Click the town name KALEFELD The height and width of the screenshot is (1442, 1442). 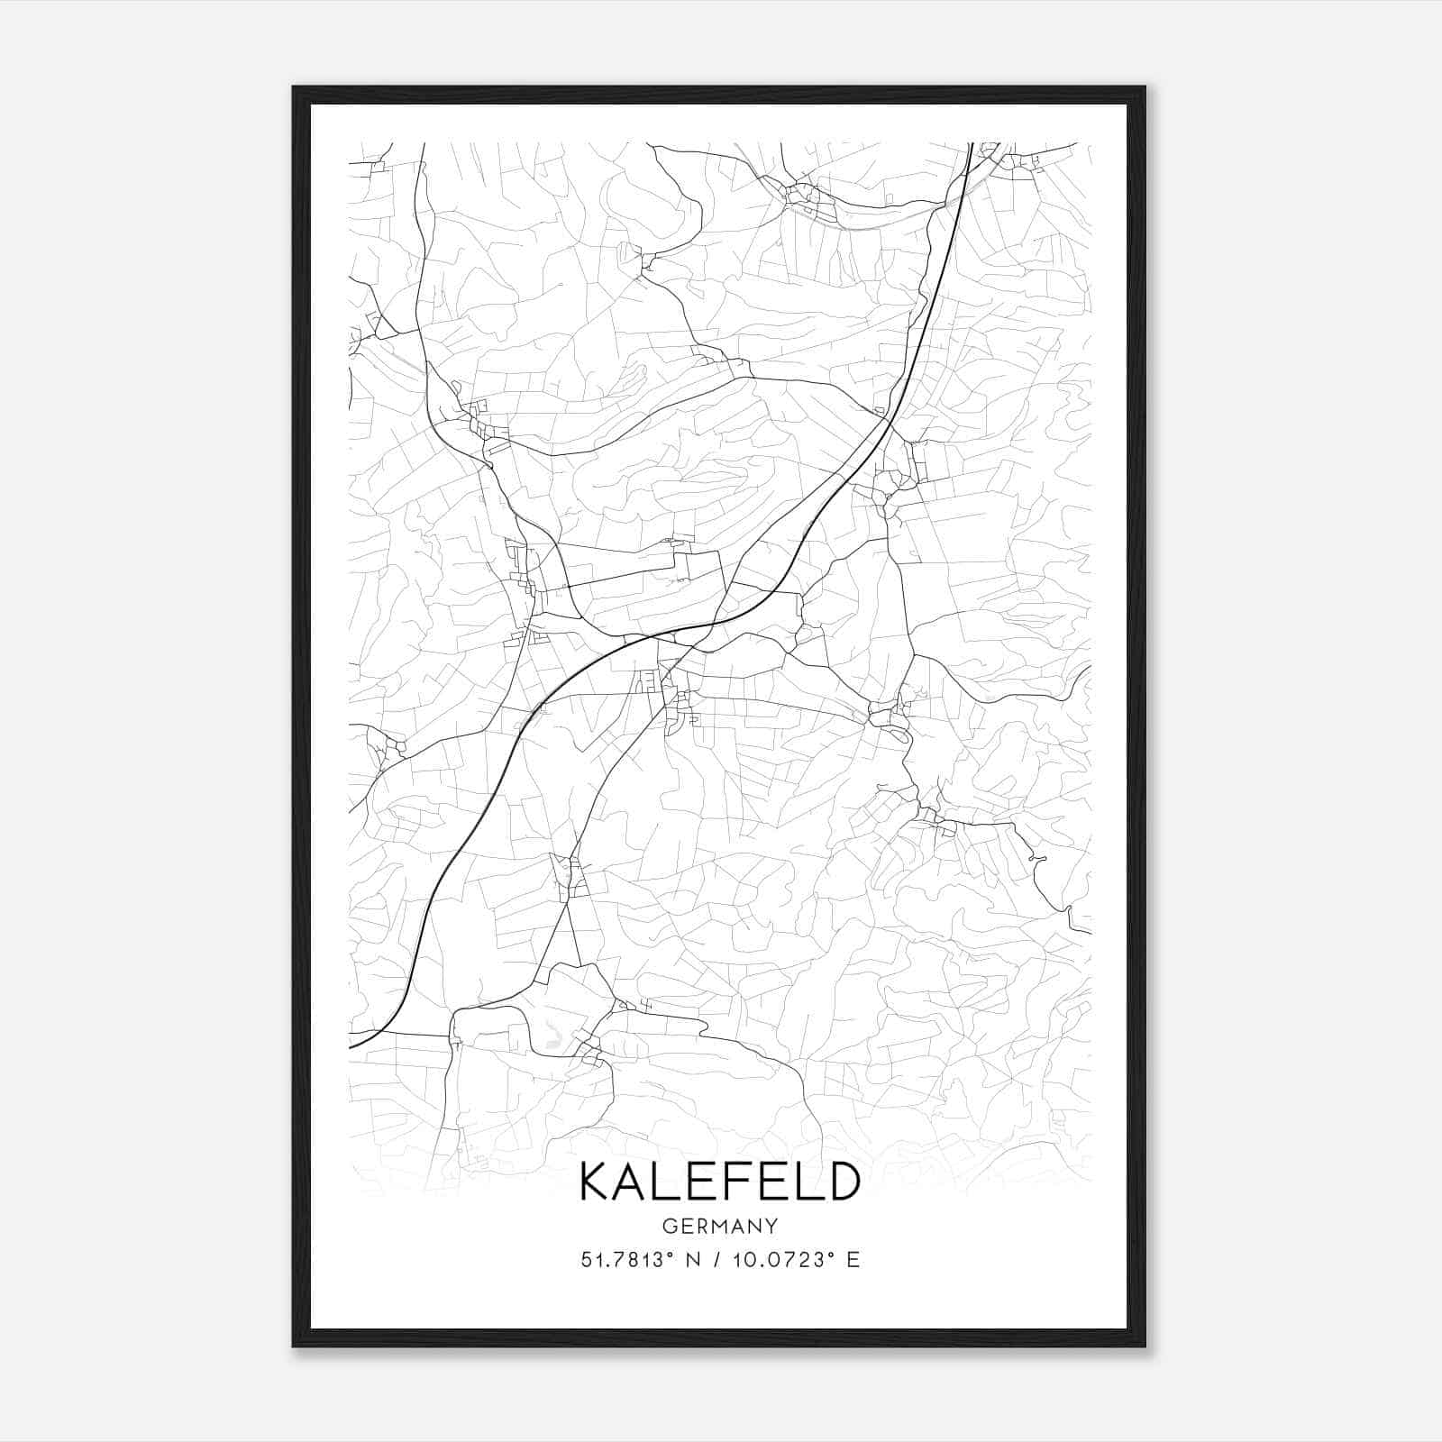[719, 1182]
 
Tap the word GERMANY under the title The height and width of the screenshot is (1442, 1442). [719, 1226]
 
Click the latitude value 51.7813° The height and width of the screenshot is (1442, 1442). [627, 1260]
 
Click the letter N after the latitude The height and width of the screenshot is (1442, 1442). [692, 1260]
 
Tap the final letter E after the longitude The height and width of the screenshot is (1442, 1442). [853, 1260]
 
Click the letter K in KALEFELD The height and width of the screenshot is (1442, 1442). [597, 1182]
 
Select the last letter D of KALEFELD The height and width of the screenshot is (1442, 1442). [843, 1182]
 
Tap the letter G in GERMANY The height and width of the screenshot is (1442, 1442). [668, 1226]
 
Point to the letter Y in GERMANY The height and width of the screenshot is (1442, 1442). [771, 1226]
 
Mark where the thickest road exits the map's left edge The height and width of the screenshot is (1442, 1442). [351, 1047]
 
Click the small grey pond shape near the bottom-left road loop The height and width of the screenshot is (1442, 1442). [552, 1034]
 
